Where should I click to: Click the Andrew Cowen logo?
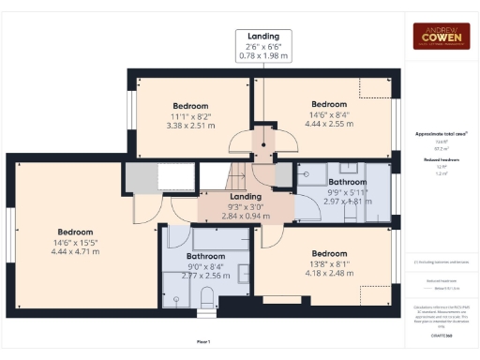[x=442, y=37]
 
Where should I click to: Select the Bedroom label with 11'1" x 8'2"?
[x=190, y=106]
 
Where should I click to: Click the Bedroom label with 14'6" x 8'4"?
[x=330, y=103]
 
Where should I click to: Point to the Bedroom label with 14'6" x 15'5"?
[x=75, y=232]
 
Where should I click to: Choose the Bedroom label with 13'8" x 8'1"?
[x=329, y=253]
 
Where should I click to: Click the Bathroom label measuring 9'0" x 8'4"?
[x=205, y=256]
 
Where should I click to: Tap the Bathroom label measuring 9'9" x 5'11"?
[x=347, y=181]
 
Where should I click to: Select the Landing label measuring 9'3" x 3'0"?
[x=246, y=196]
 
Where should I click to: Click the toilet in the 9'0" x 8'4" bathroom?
[x=208, y=297]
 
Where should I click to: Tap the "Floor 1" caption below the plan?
[x=203, y=341]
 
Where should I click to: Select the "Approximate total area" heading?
[x=441, y=134]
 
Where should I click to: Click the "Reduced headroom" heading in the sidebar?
[x=441, y=160]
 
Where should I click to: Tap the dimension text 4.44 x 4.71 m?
[x=75, y=250]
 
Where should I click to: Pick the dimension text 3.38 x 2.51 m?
[x=190, y=125]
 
